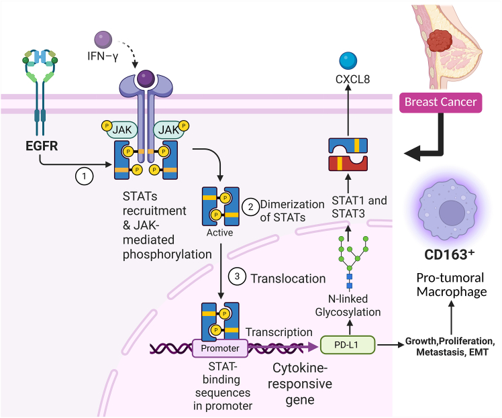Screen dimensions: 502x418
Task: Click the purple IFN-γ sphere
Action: [103, 40]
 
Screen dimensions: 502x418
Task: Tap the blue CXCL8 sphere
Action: [348, 61]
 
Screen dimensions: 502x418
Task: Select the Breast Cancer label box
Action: [440, 103]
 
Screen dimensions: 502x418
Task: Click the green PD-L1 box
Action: [348, 345]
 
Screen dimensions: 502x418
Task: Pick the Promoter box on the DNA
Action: [220, 348]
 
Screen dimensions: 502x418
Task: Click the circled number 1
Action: [84, 176]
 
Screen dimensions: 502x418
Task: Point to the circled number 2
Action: [251, 207]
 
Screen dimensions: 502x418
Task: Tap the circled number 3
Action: [237, 276]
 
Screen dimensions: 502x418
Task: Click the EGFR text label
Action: [42, 146]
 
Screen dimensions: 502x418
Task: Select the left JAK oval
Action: [121, 129]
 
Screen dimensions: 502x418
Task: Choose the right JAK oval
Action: [169, 129]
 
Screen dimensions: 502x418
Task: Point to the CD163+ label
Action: [449, 255]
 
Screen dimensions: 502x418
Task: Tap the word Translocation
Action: [288, 278]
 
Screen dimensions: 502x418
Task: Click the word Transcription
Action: [279, 332]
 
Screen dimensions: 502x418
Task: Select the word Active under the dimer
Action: [219, 232]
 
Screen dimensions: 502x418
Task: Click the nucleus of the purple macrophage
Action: [452, 213]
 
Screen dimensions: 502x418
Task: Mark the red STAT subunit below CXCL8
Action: [348, 163]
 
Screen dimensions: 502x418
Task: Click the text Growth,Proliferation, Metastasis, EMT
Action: [450, 347]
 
